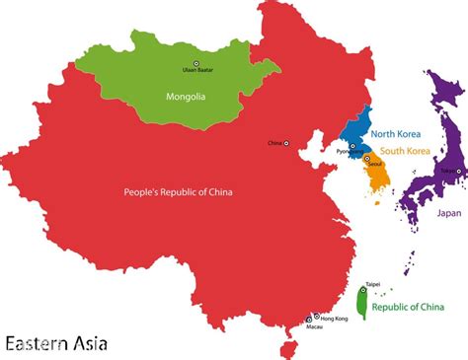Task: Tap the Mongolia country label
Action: pos(185,96)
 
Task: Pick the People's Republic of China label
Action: pos(179,191)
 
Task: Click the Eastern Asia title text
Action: pos(55,343)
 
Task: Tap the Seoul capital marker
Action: pos(366,159)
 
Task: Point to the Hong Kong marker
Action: pos(316,316)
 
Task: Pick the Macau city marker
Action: pos(309,320)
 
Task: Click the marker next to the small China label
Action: pos(286,143)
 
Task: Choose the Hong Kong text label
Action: pos(335,318)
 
